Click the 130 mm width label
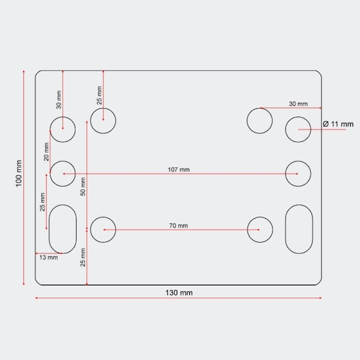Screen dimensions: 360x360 (x=179, y=293)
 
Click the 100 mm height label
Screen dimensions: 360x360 (x=19, y=173)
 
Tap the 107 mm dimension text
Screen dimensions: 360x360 (x=179, y=170)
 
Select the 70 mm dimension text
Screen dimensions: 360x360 (x=179, y=226)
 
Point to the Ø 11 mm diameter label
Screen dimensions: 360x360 (x=338, y=124)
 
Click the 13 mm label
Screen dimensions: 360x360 (x=49, y=257)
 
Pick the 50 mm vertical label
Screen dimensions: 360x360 (x=83, y=187)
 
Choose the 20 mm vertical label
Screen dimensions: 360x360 (x=47, y=151)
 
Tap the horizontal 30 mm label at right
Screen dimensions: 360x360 (x=298, y=104)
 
